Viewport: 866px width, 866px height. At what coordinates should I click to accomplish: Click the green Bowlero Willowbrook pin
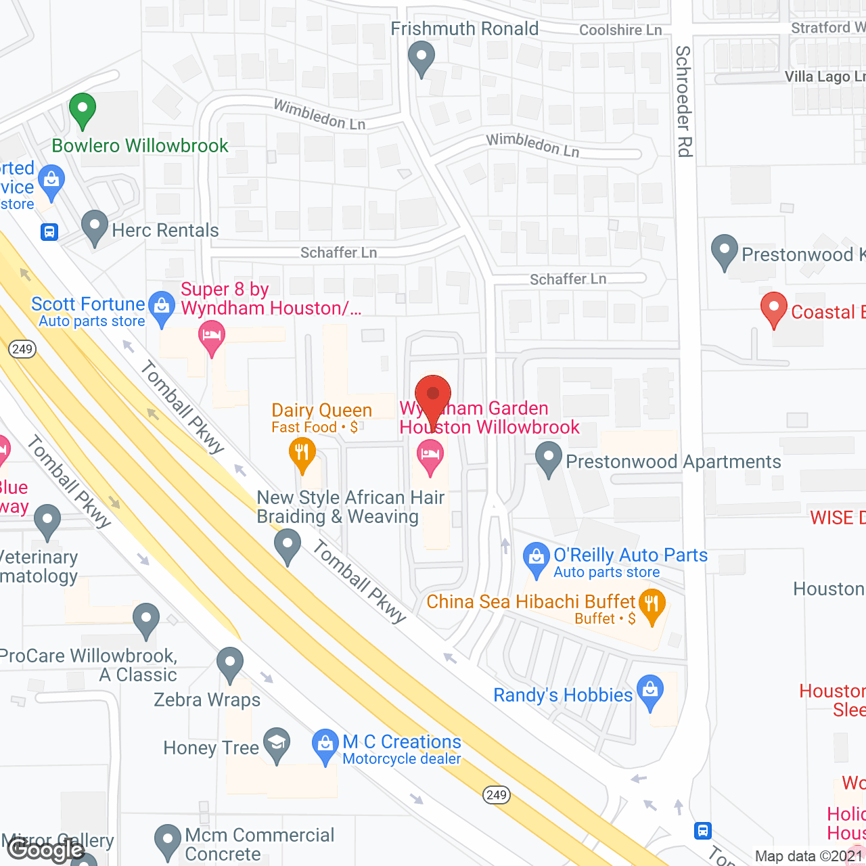(83, 110)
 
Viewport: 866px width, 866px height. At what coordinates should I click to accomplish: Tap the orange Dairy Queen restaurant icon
(302, 453)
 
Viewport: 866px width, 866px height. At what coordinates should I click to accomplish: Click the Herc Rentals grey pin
(95, 227)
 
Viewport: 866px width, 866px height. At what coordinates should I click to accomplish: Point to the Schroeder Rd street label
(684, 101)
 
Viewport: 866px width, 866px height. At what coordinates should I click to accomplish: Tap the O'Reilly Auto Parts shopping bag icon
(537, 559)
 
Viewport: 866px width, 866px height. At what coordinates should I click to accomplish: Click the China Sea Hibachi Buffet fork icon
(652, 605)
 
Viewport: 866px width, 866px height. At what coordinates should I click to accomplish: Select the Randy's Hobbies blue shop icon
(650, 691)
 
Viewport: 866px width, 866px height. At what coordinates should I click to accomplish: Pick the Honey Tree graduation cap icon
(277, 744)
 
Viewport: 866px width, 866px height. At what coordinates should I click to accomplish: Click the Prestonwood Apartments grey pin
(549, 458)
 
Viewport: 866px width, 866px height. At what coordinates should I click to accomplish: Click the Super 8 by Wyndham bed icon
(212, 336)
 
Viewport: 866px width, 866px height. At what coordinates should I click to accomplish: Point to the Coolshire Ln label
(620, 30)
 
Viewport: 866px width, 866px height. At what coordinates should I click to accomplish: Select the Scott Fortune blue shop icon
(162, 308)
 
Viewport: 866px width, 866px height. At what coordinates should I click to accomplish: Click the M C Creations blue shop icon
(325, 744)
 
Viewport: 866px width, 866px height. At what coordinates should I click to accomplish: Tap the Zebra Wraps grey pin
(230, 663)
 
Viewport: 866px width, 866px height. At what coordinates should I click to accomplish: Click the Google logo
(45, 850)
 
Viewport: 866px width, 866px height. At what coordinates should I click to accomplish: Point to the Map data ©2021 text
(808, 857)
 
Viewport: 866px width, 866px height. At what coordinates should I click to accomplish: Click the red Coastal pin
(773, 309)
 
